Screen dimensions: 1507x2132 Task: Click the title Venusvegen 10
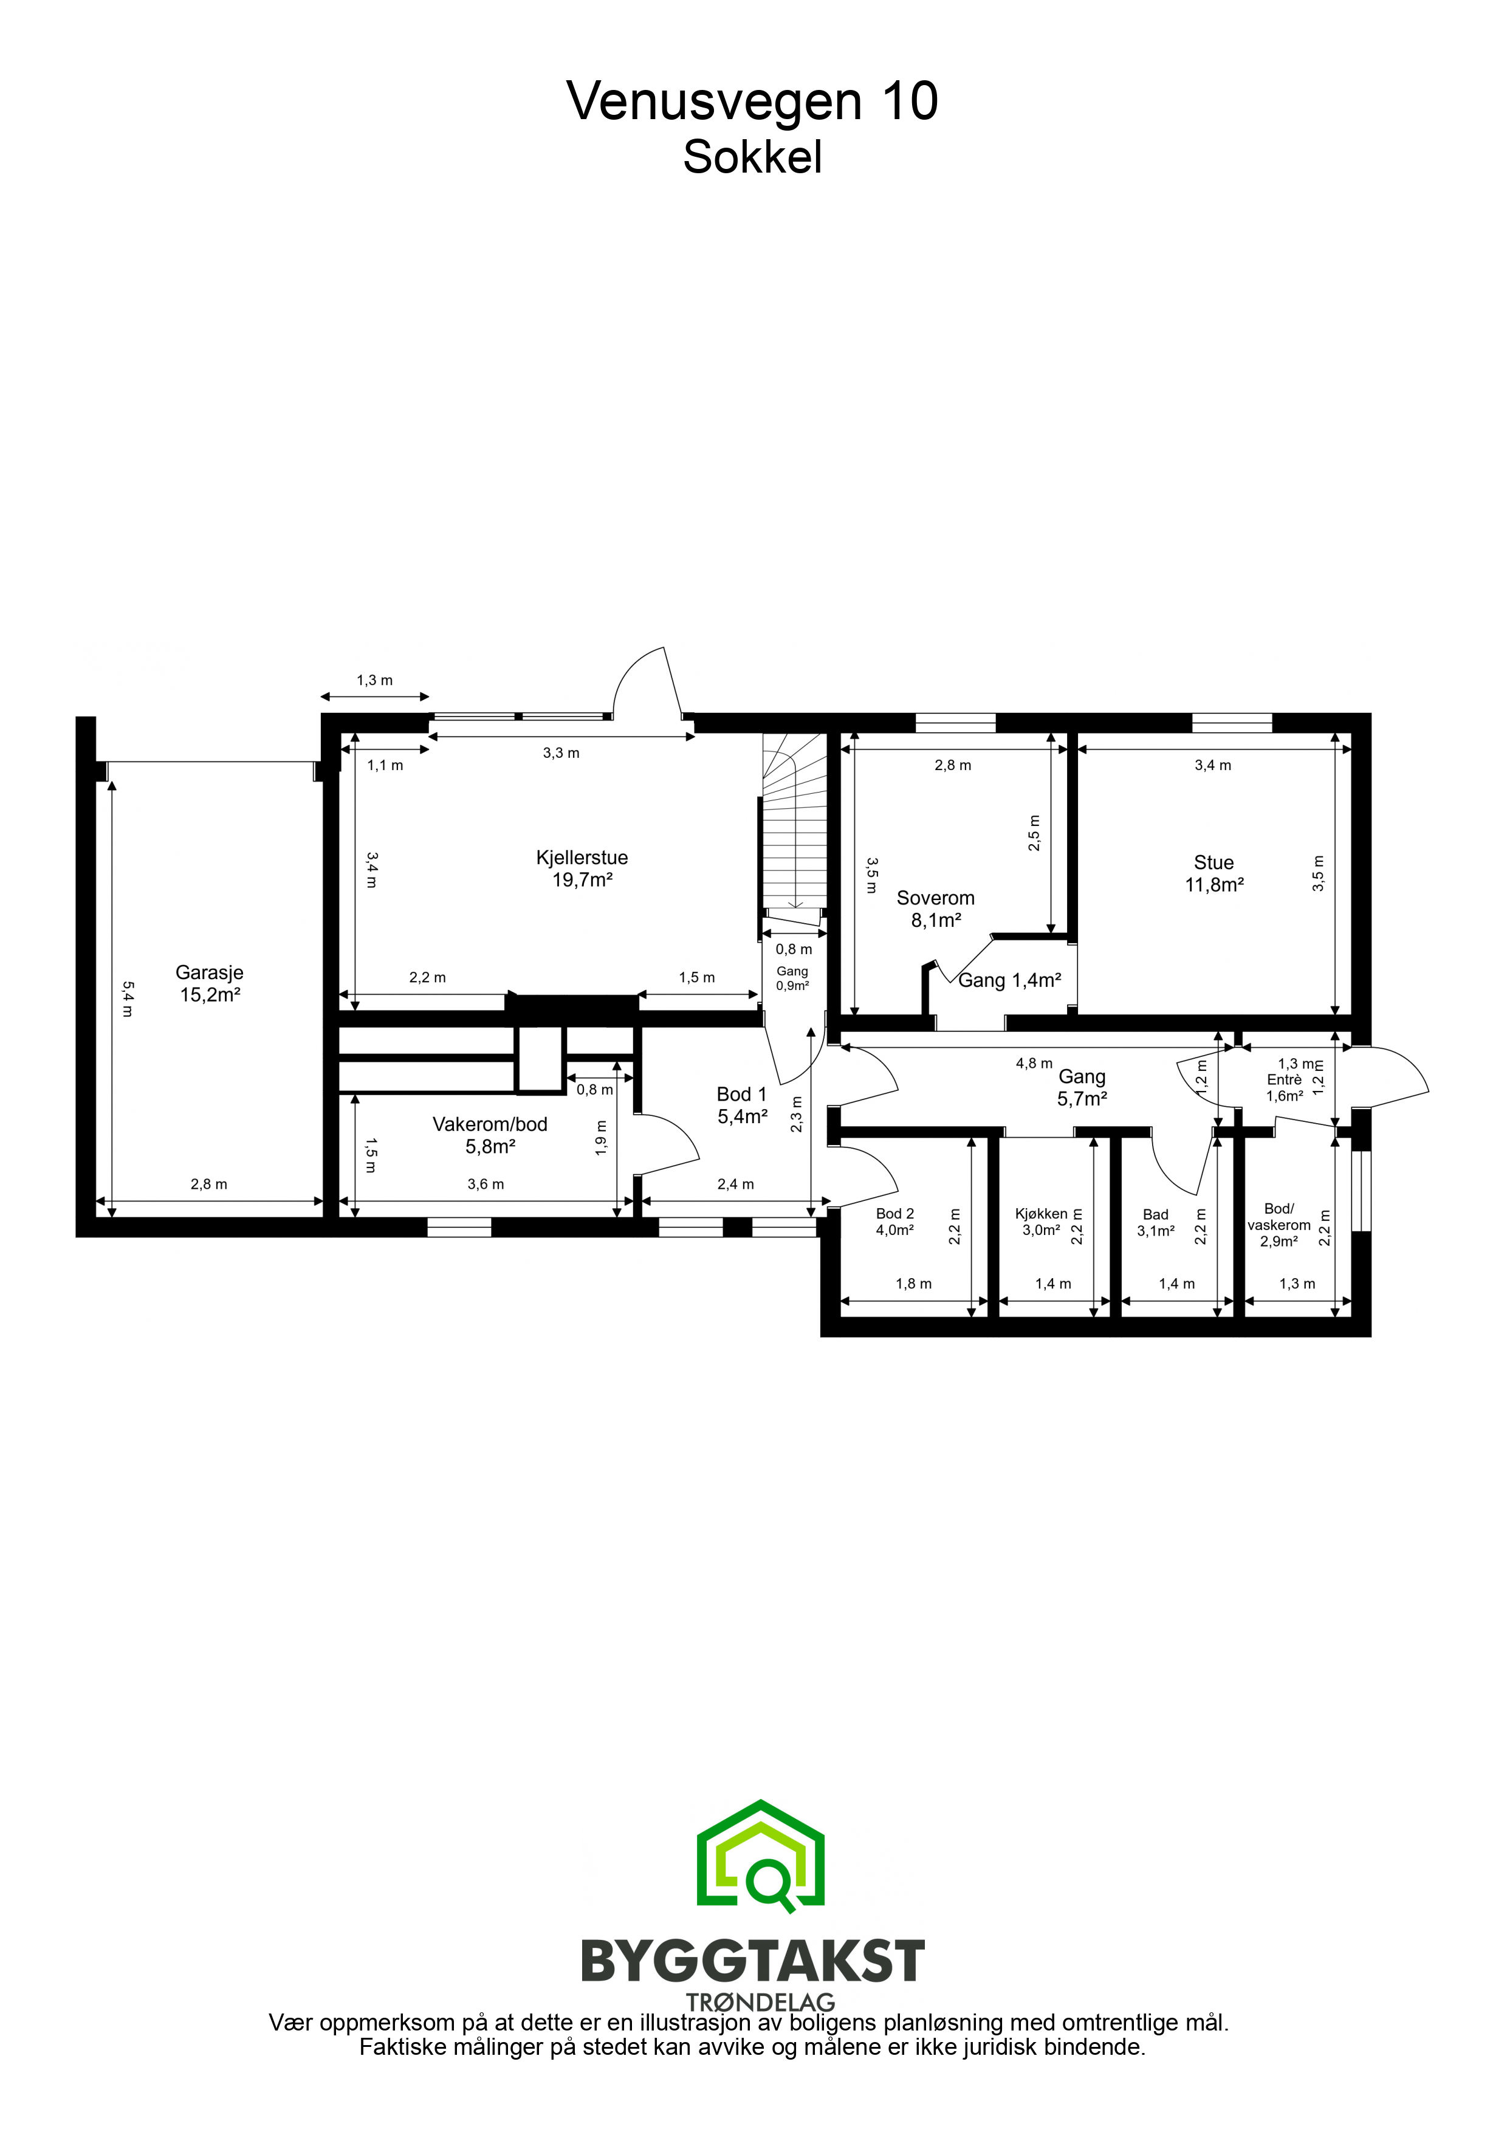752,102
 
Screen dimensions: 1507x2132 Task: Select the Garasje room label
210,983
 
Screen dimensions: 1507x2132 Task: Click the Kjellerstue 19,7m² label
582,868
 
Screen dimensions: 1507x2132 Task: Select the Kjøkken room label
1041,1222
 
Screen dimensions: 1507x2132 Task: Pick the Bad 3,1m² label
1156,1222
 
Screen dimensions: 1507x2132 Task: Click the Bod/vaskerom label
1279,1225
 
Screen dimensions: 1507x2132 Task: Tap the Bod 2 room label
895,1222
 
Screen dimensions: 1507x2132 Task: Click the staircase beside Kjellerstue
794,822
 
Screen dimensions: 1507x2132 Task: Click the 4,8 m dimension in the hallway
1034,1063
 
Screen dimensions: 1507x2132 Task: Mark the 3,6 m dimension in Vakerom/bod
486,1184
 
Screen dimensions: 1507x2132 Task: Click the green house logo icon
760,1856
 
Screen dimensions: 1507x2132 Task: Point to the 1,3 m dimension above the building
374,681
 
